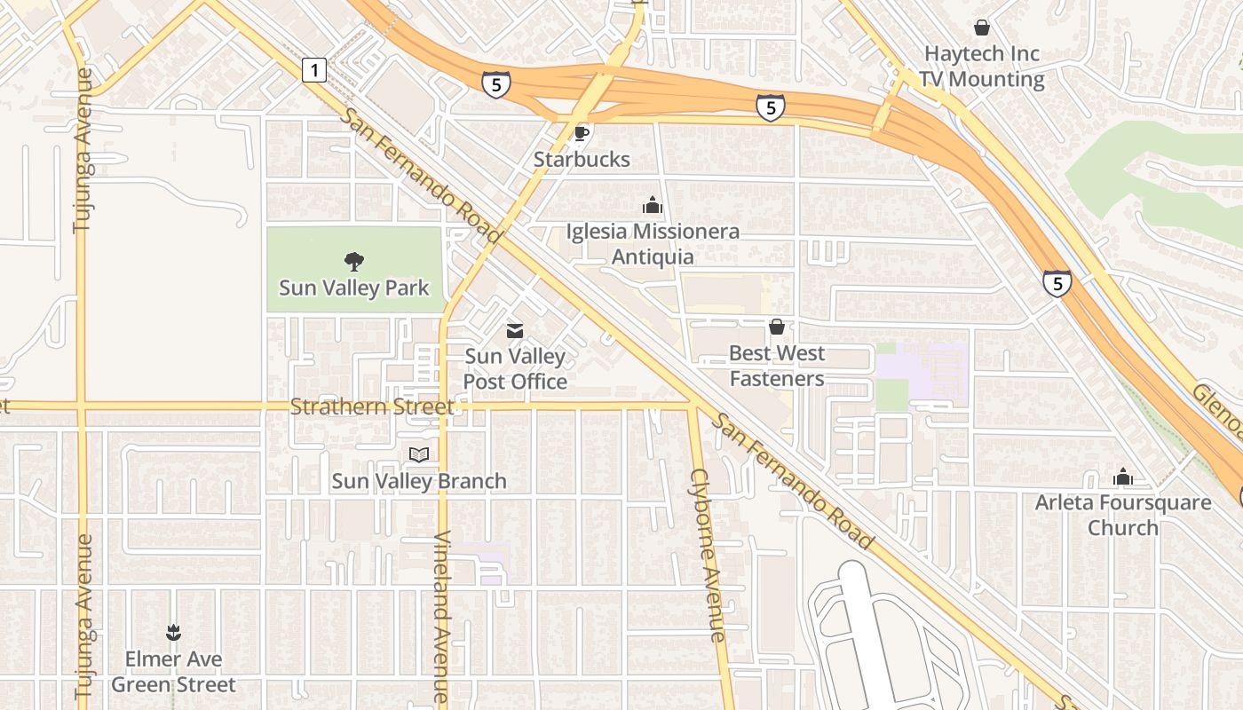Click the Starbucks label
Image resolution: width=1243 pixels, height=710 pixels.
(582, 160)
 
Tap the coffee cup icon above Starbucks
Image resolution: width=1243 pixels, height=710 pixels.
(582, 134)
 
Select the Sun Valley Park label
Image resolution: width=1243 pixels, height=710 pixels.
(353, 288)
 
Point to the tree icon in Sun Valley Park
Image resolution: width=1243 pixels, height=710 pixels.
(354, 262)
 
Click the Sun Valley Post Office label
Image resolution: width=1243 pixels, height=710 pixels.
(515, 369)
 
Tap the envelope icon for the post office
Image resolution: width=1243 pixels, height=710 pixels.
(515, 331)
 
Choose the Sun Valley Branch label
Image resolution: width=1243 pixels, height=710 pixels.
(419, 481)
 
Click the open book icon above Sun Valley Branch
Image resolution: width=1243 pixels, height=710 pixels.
(419, 455)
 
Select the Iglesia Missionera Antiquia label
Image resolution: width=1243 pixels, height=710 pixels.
(653, 244)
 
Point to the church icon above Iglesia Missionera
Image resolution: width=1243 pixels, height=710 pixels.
(653, 206)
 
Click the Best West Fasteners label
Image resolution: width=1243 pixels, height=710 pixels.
(777, 366)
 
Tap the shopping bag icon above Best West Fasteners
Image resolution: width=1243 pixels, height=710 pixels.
(777, 327)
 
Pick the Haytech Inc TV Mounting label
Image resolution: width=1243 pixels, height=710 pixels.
(982, 67)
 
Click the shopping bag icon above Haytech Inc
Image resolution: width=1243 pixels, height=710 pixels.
(982, 28)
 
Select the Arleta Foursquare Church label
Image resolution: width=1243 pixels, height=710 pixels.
(1123, 515)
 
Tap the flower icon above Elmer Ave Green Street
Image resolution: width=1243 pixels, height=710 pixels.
(173, 633)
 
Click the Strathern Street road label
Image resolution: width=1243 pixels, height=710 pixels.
(372, 407)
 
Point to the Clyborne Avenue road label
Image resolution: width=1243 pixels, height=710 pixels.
(708, 555)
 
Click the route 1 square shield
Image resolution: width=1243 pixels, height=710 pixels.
(314, 69)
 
